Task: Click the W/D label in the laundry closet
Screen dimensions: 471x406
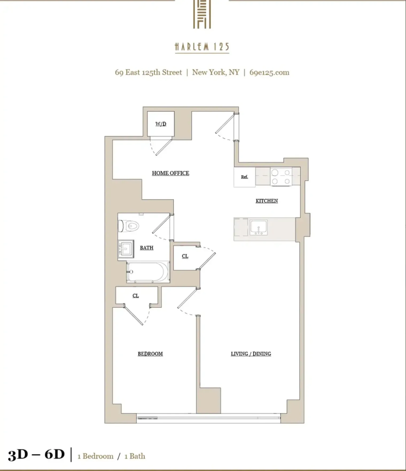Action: point(161,124)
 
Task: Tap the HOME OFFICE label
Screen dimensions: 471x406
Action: point(170,173)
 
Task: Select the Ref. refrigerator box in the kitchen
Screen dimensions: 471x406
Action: point(244,177)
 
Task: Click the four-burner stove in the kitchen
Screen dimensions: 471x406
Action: point(280,177)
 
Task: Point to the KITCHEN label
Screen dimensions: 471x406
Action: point(267,201)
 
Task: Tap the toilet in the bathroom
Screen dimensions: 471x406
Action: point(129,226)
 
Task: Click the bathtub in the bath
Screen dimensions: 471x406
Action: point(148,272)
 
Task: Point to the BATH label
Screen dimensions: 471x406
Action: point(147,248)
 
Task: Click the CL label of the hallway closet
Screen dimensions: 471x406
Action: point(185,256)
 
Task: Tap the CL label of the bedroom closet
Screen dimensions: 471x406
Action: point(136,296)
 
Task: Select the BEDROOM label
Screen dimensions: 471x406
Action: point(150,354)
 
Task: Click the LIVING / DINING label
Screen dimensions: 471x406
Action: point(251,354)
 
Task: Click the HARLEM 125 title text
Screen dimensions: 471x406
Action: point(202,47)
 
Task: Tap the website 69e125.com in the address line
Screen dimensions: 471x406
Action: point(269,73)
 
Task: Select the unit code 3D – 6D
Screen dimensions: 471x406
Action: point(36,454)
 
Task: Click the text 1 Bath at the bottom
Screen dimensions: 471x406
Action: point(135,456)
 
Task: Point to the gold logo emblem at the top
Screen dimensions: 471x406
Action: point(202,14)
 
